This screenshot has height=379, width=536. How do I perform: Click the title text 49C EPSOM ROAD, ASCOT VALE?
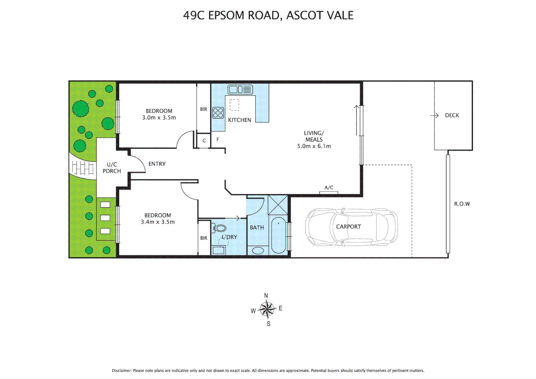(x=268, y=15)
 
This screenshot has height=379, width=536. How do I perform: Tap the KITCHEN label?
(x=239, y=120)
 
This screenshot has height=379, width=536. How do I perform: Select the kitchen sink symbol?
(x=240, y=89)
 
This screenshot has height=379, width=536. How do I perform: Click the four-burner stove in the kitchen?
(x=218, y=113)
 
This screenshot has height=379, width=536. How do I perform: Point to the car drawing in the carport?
(x=351, y=227)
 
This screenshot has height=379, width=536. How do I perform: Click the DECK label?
(x=452, y=115)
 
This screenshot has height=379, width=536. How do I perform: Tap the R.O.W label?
(x=462, y=204)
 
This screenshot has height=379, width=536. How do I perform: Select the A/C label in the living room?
(x=329, y=188)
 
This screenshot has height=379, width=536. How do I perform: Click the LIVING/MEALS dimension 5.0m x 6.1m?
(x=314, y=146)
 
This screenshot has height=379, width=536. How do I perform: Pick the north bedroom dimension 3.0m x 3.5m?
(x=159, y=118)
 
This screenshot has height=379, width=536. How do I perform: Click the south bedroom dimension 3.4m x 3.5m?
(x=158, y=222)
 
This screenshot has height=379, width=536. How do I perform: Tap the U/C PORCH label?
(x=112, y=168)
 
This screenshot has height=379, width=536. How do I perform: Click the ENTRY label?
(x=157, y=164)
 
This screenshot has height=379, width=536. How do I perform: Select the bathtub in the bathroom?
(x=279, y=235)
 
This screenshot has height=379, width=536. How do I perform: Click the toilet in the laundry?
(x=220, y=228)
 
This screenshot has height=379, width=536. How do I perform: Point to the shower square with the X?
(x=277, y=205)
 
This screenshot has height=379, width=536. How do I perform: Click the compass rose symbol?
(x=267, y=310)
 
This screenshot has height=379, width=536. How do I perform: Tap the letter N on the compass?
(x=266, y=295)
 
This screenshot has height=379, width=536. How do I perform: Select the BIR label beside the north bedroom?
(x=203, y=109)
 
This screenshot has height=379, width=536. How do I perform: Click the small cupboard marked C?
(x=204, y=141)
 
